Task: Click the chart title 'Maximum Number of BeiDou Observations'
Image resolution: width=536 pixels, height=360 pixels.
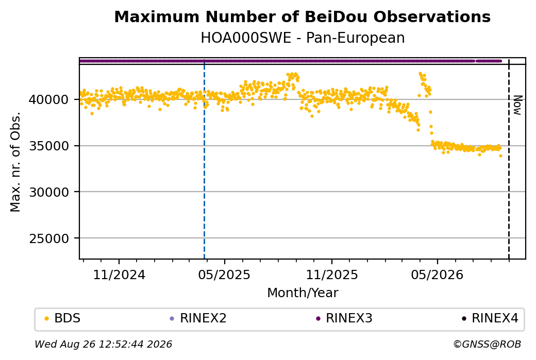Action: click(x=302, y=16)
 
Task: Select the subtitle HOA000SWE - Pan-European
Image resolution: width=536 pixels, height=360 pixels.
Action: click(x=303, y=38)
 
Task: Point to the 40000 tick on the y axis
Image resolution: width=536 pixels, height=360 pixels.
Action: click(x=48, y=99)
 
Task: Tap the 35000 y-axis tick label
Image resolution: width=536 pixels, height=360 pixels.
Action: click(x=48, y=146)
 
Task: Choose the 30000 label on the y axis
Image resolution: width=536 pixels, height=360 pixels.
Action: click(x=48, y=192)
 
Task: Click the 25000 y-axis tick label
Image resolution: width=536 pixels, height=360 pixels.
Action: click(x=48, y=238)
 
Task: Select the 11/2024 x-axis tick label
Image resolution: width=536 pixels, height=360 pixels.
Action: click(x=119, y=275)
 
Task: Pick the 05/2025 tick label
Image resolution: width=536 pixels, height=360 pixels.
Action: click(x=224, y=275)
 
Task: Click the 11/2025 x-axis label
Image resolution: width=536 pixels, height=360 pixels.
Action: click(x=331, y=275)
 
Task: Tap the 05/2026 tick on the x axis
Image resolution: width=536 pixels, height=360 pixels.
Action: click(x=437, y=275)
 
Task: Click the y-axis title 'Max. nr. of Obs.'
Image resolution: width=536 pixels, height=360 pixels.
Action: click(x=15, y=162)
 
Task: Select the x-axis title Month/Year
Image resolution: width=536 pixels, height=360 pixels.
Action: click(x=303, y=293)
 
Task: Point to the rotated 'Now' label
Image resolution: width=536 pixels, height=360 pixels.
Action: click(x=518, y=105)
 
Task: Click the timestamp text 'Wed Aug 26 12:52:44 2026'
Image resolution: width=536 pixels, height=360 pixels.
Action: click(x=103, y=344)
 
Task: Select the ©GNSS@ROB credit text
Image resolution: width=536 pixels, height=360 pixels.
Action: click(x=487, y=344)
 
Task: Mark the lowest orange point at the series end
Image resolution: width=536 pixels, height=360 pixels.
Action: click(x=500, y=156)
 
